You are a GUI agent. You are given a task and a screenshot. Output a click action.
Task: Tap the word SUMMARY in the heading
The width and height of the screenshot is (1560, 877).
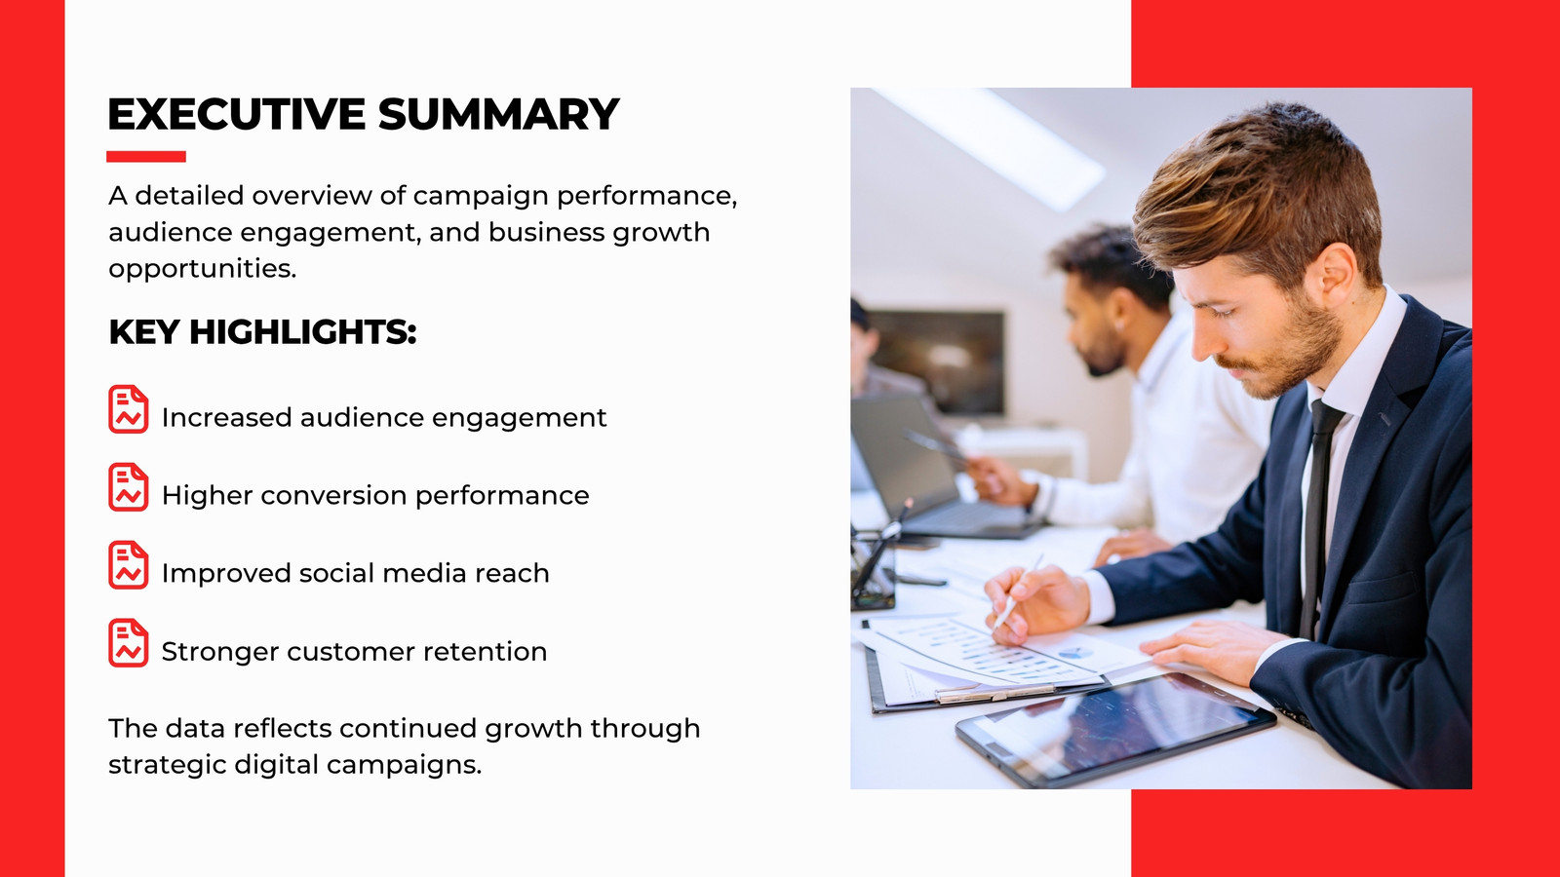point(498,114)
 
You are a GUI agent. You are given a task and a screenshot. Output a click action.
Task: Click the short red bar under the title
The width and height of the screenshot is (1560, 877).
point(146,157)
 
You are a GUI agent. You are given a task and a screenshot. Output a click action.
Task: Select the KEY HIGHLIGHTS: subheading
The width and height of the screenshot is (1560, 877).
point(262,332)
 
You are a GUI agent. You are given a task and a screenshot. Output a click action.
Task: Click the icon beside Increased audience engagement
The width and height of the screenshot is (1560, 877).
point(128,409)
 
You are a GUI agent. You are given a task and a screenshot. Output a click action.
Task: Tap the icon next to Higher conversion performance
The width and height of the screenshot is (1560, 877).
point(128,487)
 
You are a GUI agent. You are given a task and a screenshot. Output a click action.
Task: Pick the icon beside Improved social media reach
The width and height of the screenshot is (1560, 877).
point(128,565)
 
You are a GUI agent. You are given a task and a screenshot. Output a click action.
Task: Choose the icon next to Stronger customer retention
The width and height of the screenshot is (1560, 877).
point(128,643)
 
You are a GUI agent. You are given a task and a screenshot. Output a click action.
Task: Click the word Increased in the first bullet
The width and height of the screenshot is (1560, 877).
point(225,418)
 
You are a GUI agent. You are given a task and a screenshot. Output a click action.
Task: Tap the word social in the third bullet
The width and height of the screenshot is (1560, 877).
point(335,574)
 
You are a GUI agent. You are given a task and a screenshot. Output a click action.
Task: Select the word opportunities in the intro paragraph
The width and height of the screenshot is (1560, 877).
point(203,269)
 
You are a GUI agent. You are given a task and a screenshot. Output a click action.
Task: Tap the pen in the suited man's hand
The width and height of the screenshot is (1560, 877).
point(1018,591)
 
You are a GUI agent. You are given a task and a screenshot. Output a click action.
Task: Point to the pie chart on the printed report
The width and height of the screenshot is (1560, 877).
point(1073,653)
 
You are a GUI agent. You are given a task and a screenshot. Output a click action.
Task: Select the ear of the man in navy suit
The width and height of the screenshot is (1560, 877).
point(1335,271)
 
